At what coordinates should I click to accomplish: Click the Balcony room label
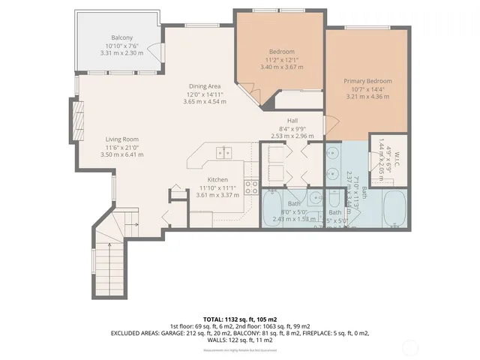click(122, 37)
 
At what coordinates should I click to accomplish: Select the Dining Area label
click(204, 86)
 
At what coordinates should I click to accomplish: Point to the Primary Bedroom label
click(367, 80)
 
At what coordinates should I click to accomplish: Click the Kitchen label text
click(217, 180)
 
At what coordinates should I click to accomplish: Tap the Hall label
click(293, 121)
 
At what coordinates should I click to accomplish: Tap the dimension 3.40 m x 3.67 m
click(281, 67)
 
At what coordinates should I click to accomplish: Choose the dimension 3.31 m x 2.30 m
click(122, 53)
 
